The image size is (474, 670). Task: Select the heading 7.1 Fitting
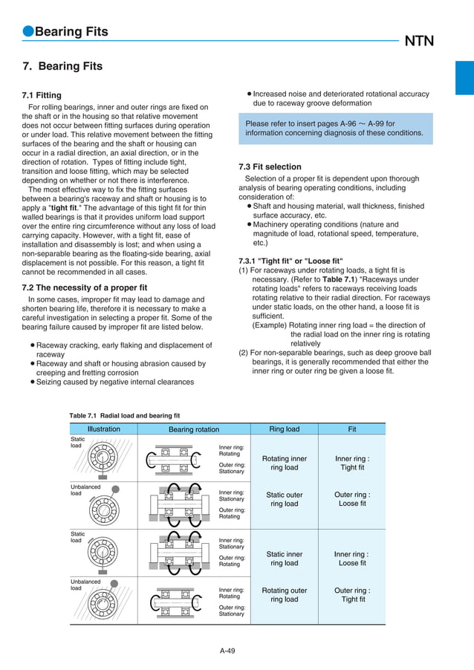click(x=42, y=95)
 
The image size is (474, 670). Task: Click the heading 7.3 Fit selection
click(x=270, y=166)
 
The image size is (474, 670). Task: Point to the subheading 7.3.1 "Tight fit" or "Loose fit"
click(x=290, y=261)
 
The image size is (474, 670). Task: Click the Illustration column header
click(x=103, y=429)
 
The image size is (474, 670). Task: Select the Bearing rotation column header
click(x=194, y=429)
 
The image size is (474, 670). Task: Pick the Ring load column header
click(x=284, y=429)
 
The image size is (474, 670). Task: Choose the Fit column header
click(x=352, y=429)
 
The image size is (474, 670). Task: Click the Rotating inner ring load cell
click(x=284, y=464)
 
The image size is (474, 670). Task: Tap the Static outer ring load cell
click(x=284, y=499)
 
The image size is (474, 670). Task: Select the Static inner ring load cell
click(x=284, y=559)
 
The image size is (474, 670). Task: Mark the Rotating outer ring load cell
click(x=284, y=595)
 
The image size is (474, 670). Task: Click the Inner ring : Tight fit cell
click(x=352, y=464)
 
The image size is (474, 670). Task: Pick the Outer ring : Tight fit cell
click(x=352, y=595)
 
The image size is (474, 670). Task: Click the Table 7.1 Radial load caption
click(x=124, y=415)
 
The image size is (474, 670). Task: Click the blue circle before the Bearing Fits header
click(x=27, y=32)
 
